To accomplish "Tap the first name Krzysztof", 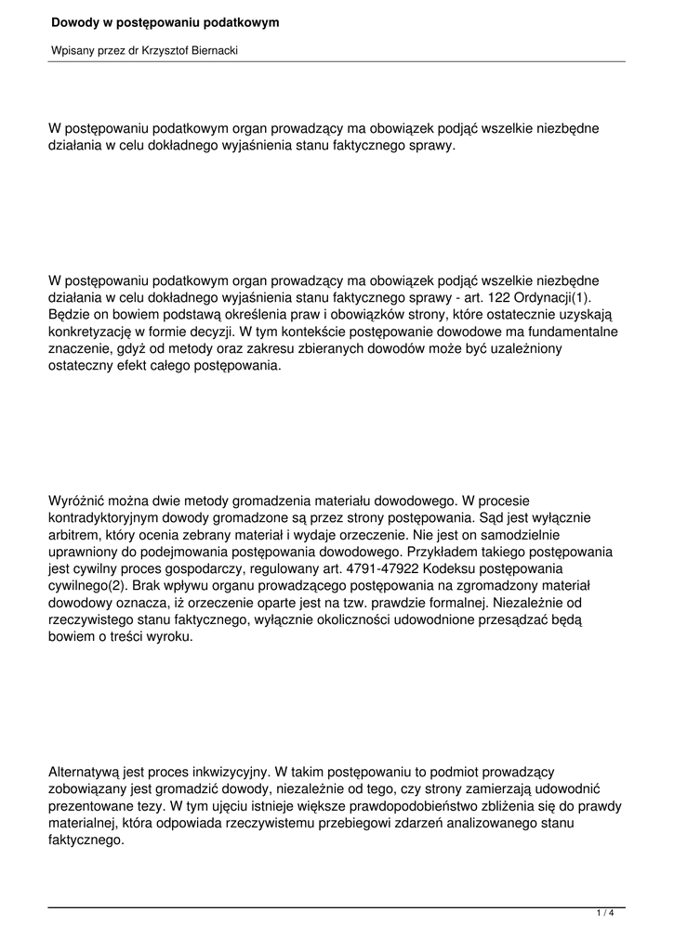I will [164, 51].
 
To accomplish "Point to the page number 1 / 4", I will [605, 914].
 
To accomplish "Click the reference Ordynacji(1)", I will [552, 297].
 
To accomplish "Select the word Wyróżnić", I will [79, 501].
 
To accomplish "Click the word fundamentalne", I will [570, 332].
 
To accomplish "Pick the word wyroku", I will [170, 638].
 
